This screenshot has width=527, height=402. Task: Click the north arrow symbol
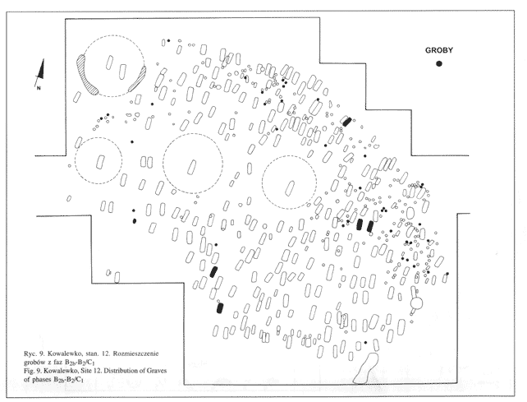click(x=36, y=72)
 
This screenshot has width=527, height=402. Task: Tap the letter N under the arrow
click(x=38, y=86)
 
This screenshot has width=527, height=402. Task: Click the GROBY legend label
click(x=439, y=50)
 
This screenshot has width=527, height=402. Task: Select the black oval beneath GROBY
click(x=440, y=64)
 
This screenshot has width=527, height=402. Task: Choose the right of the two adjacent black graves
click(x=370, y=226)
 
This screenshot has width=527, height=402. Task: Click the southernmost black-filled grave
click(x=219, y=308)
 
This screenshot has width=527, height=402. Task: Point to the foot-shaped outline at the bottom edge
click(x=366, y=369)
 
